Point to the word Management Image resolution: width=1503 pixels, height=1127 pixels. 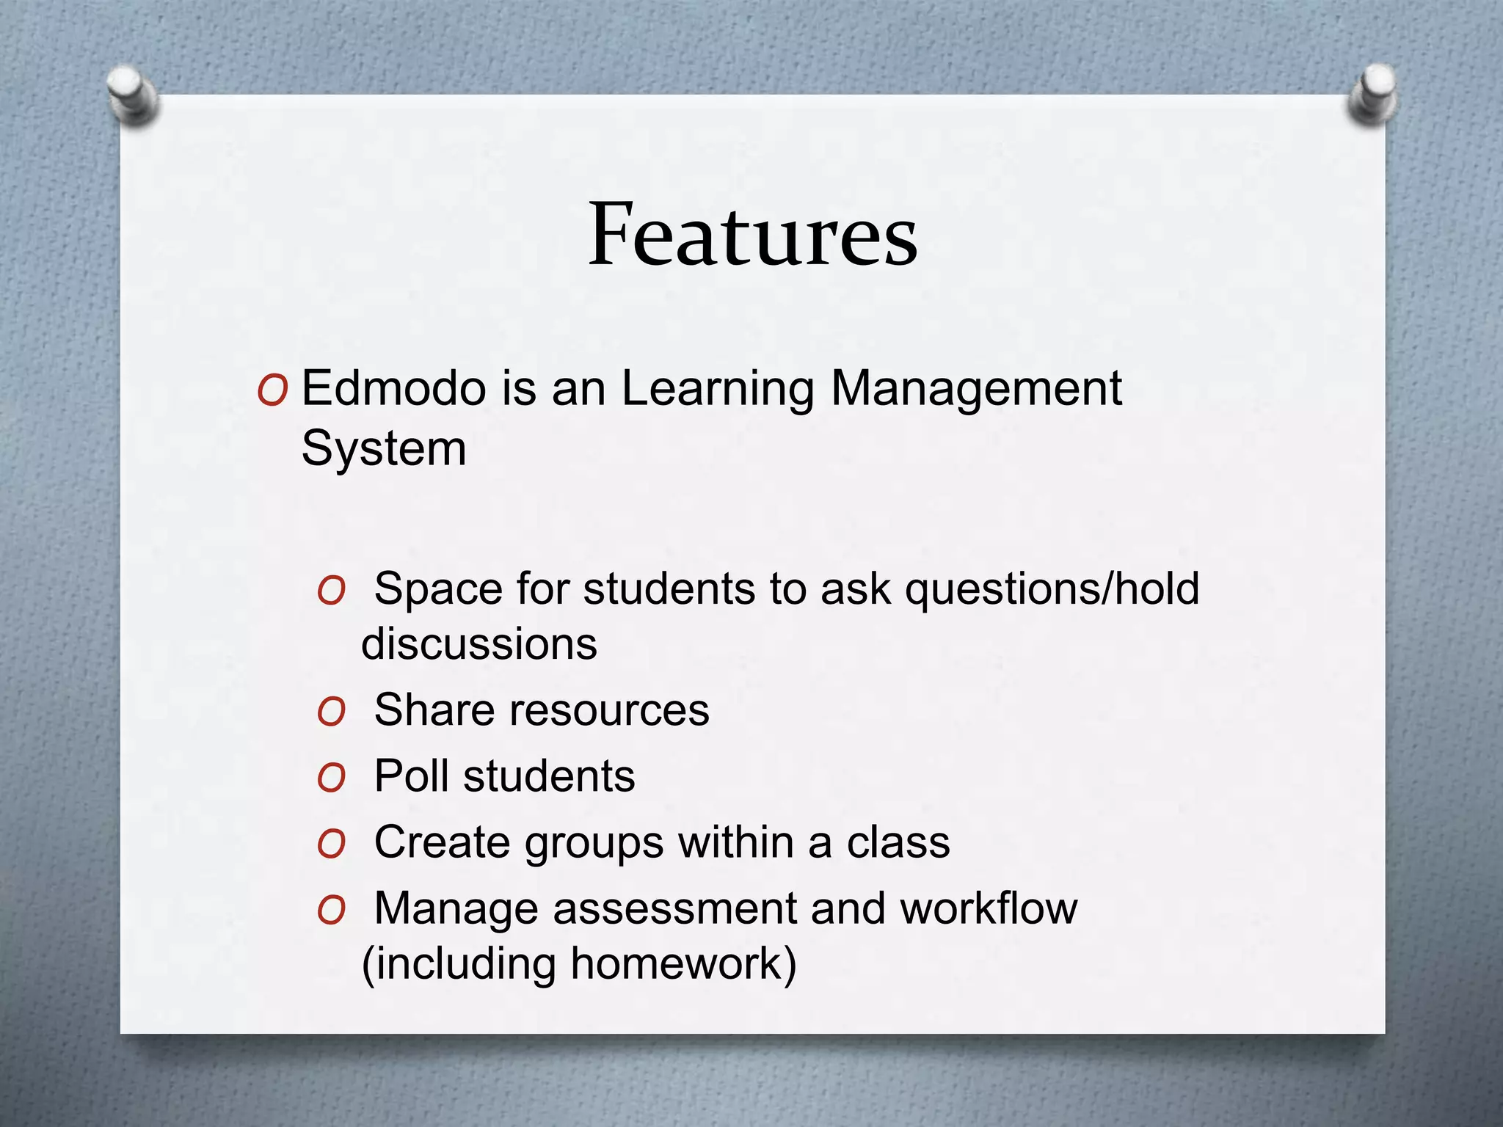[976, 390]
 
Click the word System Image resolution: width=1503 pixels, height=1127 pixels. [384, 449]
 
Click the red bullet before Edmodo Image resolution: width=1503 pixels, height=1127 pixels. [272, 391]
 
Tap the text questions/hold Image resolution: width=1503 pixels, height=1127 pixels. [1052, 589]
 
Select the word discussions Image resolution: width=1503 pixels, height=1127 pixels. [479, 644]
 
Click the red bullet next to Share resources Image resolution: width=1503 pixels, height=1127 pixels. [331, 712]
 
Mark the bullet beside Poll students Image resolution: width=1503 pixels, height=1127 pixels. [331, 778]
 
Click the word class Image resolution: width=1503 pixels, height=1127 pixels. [898, 842]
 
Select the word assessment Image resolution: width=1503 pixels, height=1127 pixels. [674, 909]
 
